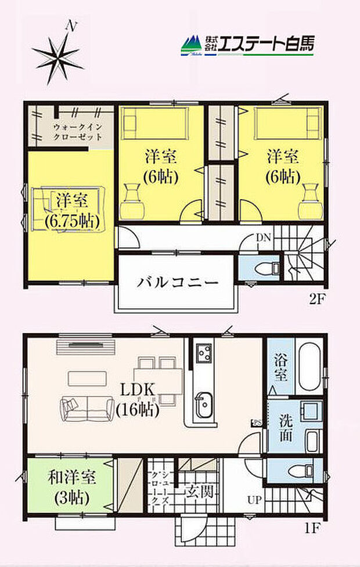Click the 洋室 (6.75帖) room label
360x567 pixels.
point(72,211)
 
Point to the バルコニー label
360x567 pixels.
point(178,283)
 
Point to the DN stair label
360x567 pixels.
point(264,236)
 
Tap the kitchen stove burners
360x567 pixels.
point(204,352)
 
